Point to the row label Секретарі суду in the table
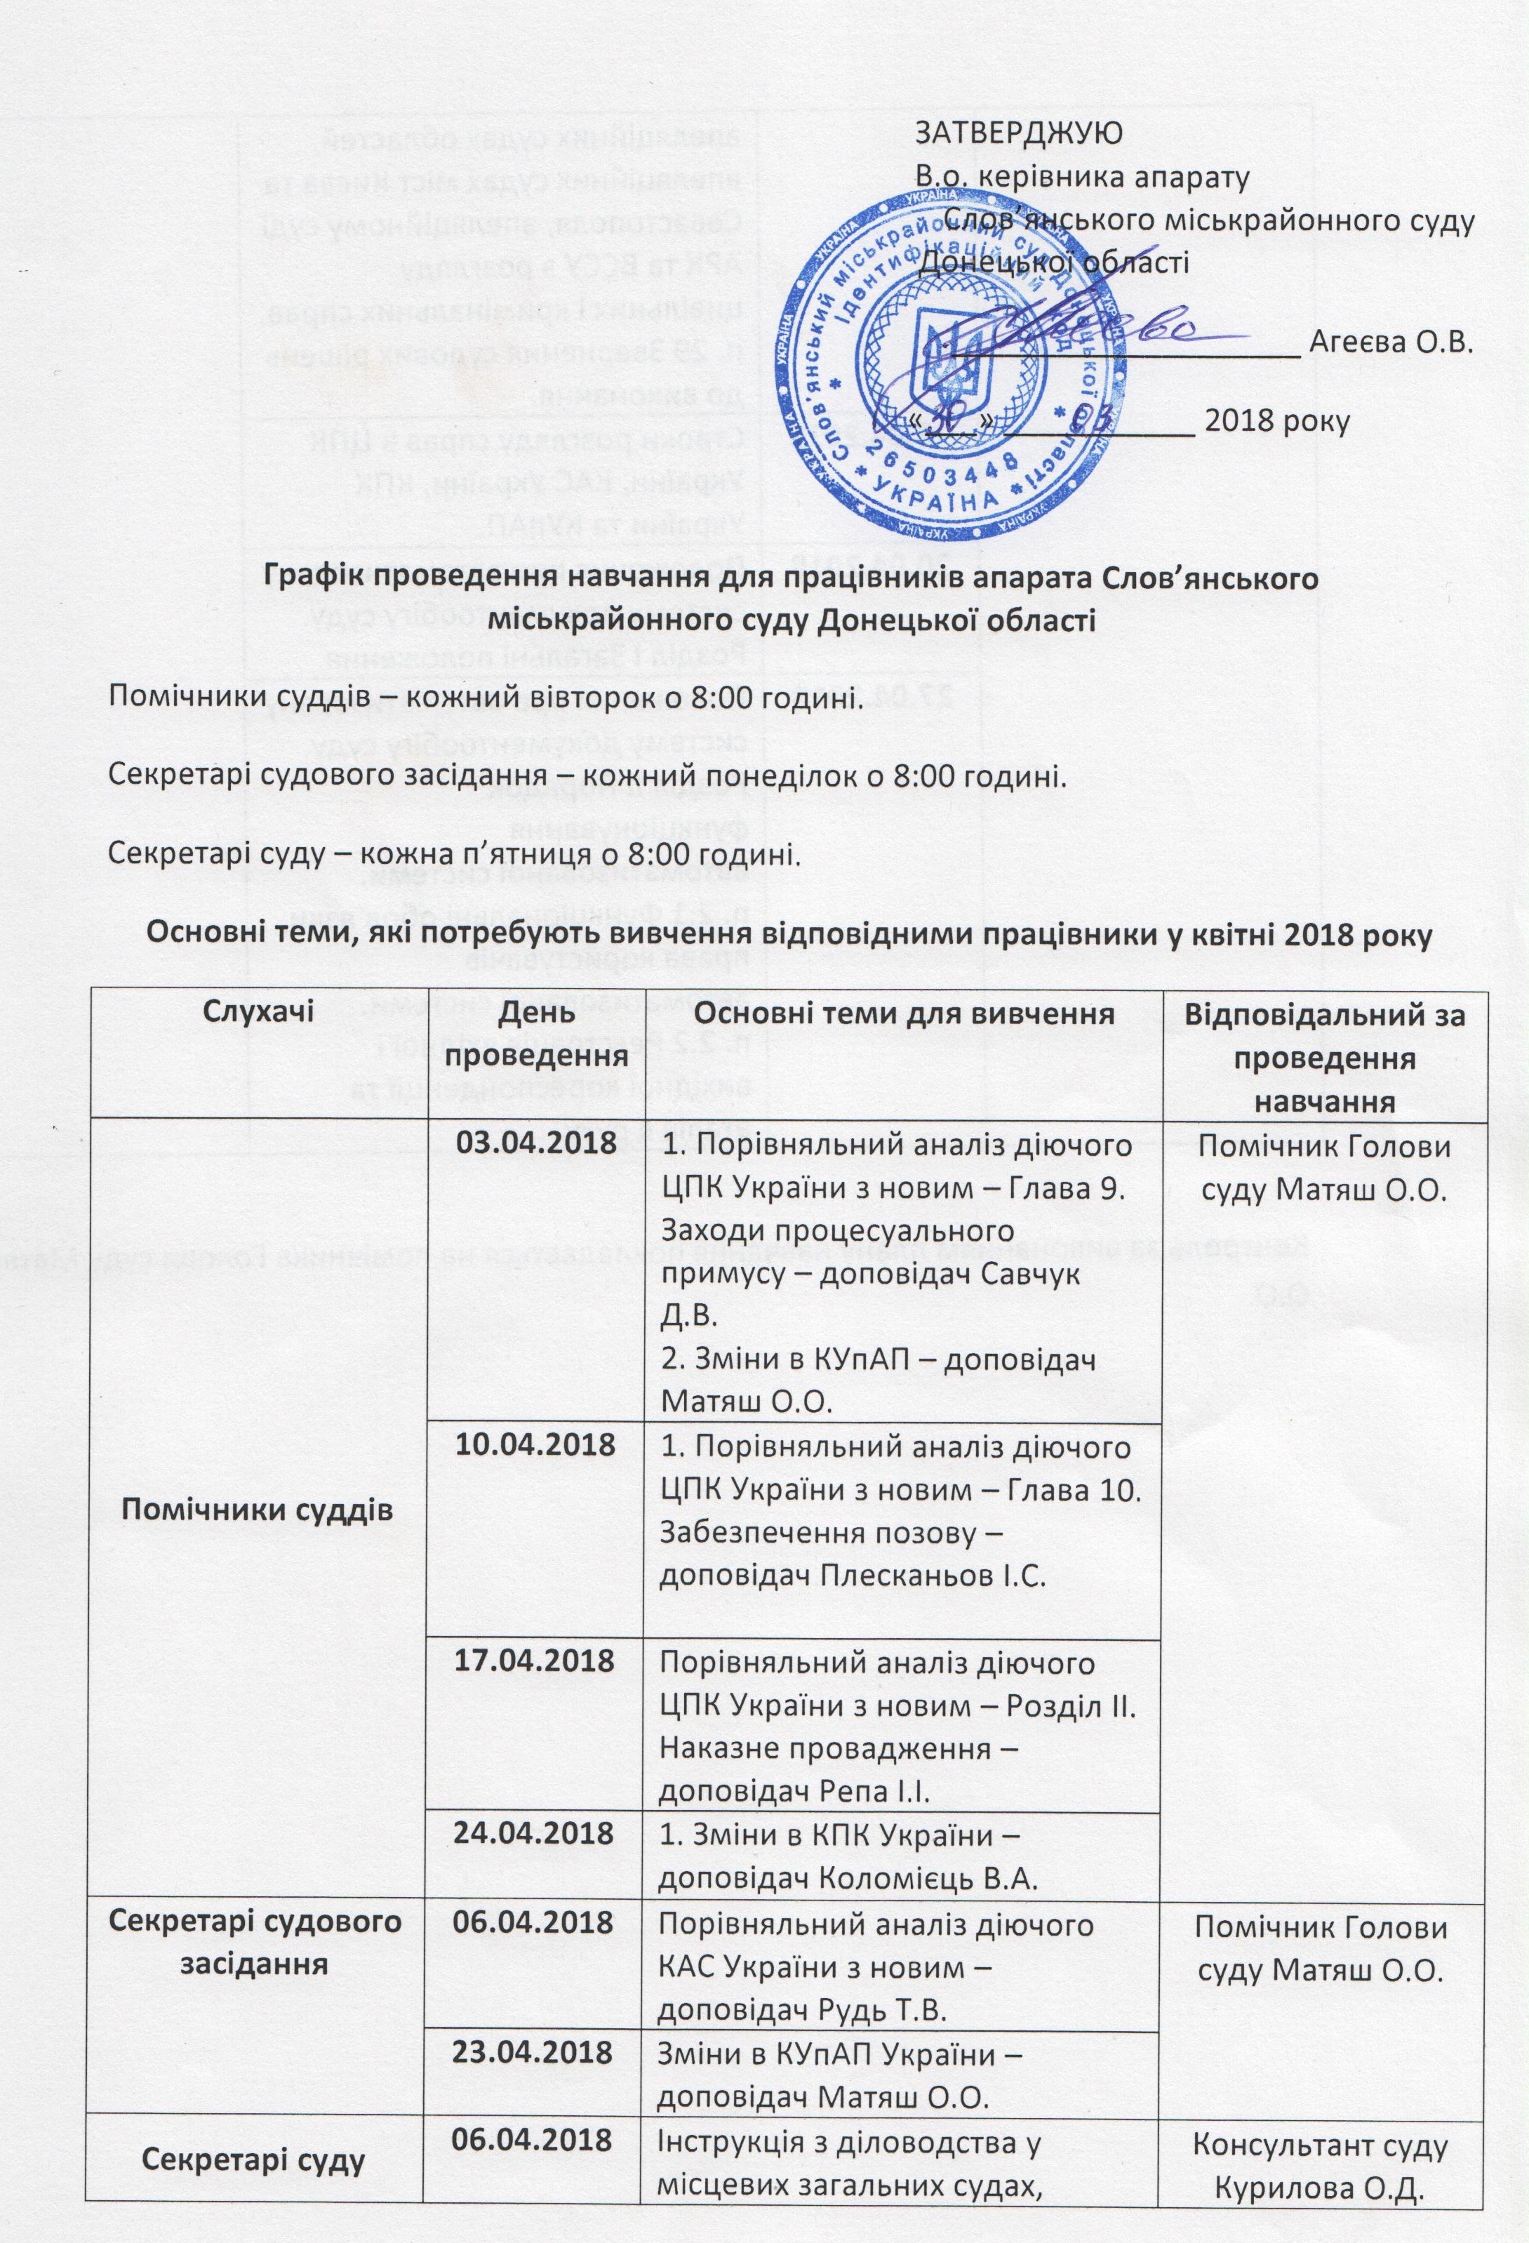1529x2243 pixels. [x=254, y=2126]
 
